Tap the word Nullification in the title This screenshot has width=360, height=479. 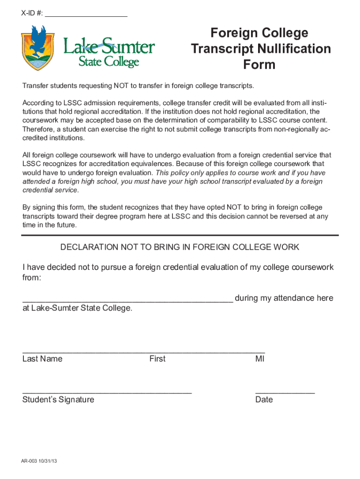tap(291, 49)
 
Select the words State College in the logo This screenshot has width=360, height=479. tap(108, 62)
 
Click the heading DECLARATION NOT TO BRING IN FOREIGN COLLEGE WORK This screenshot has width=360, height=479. tap(180, 247)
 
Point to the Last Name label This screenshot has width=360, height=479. tap(42, 359)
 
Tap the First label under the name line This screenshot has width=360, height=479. tap(157, 359)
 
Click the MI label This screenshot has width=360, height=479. tap(260, 359)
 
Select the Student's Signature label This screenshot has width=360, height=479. tap(58, 399)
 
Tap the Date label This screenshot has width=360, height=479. tap(264, 399)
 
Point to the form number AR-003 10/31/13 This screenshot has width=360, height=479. tap(39, 461)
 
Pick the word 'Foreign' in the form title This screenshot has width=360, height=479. tap(232, 33)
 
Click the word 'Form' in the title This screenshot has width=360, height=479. tap(259, 65)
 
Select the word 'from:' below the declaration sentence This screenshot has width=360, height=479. tap(32, 278)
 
